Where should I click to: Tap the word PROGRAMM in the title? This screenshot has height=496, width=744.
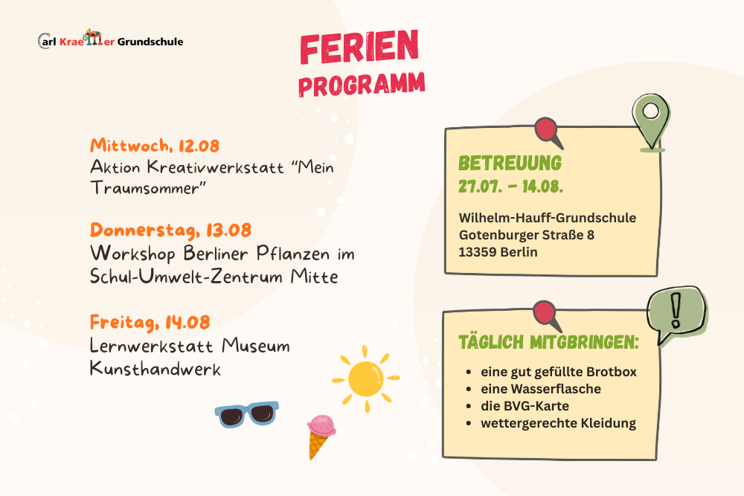point(362,85)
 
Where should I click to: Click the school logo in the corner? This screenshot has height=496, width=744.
point(111,40)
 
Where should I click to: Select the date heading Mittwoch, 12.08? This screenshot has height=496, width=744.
point(155,145)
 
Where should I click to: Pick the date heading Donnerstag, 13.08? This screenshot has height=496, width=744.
point(171,231)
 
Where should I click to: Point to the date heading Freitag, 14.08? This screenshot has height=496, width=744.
point(150,322)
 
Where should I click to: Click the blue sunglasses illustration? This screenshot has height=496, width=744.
point(246,414)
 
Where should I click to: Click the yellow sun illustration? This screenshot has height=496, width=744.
point(365,379)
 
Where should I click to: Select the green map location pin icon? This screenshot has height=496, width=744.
point(651,123)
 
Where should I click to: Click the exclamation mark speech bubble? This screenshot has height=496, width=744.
point(676,315)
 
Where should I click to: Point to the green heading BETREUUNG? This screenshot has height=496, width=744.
point(510,163)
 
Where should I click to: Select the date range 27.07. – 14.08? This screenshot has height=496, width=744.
point(510,187)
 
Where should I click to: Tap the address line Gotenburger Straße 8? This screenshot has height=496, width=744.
point(526,235)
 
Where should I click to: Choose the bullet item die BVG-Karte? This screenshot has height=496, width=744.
point(525,406)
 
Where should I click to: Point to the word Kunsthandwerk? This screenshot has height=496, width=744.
point(155,368)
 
